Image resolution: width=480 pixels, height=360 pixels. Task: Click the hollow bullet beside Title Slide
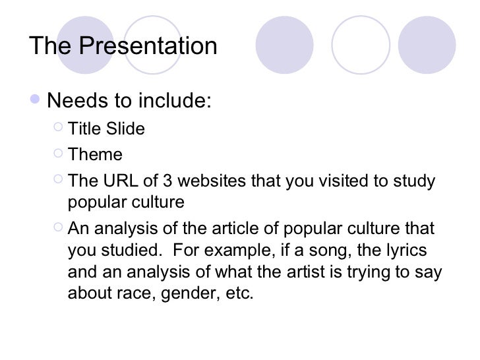pyautogui.click(x=57, y=127)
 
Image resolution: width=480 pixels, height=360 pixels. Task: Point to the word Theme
pyautogui.click(x=95, y=155)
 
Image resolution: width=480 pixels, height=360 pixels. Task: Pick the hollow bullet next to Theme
pyautogui.click(x=57, y=154)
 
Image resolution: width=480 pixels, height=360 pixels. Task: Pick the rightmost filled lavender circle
pyautogui.click(x=427, y=45)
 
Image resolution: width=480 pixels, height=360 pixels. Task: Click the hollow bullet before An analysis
pyautogui.click(x=57, y=228)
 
